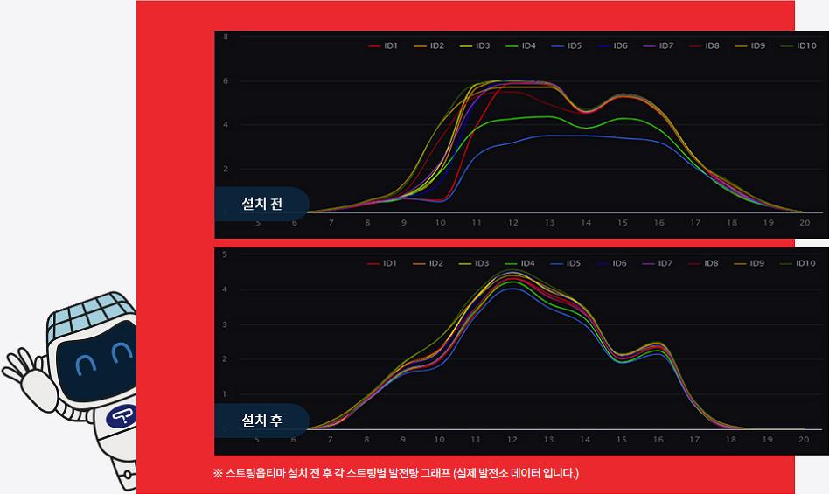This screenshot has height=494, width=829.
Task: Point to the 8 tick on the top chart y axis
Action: click(x=226, y=37)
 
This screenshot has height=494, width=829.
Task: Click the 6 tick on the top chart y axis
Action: click(x=226, y=81)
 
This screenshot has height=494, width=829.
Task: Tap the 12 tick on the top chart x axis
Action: click(x=513, y=223)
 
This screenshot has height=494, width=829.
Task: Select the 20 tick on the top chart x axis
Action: click(x=805, y=223)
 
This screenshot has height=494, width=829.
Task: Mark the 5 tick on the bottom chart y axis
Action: click(x=225, y=254)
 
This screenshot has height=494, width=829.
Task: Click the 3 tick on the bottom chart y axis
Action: click(x=225, y=324)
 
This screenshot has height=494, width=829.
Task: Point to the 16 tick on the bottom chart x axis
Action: click(x=658, y=440)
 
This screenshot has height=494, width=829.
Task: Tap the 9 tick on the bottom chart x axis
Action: click(x=403, y=440)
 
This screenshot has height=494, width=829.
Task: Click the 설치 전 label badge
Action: click(x=262, y=205)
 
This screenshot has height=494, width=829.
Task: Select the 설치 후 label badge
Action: click(x=262, y=421)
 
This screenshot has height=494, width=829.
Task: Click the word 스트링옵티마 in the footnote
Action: click(x=255, y=474)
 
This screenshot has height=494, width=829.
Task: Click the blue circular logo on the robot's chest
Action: click(x=120, y=417)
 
